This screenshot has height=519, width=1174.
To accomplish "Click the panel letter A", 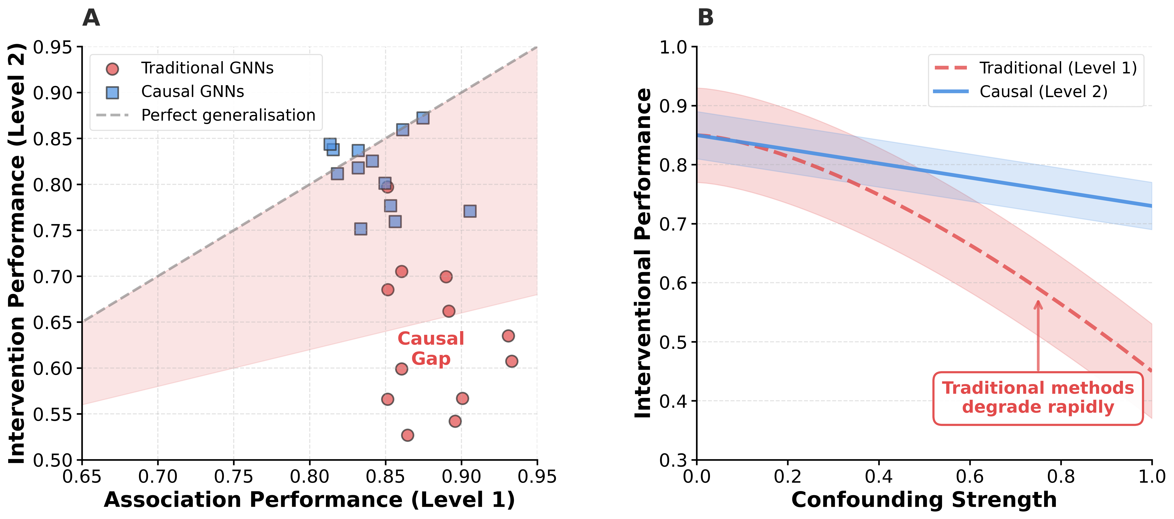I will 91,18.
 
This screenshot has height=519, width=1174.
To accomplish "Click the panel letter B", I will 706,18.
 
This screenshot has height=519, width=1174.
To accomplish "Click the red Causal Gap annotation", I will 431,349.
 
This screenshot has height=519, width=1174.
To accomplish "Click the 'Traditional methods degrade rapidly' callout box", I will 1038,398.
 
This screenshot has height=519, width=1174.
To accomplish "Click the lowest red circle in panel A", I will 407,435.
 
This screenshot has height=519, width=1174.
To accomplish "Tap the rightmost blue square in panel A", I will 470,211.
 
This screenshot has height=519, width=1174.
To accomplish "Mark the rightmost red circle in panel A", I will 511,361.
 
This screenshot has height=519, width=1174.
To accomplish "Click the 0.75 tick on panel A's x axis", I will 234,477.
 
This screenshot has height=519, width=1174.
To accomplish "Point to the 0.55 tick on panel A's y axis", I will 52,414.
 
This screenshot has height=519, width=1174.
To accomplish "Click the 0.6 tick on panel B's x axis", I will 970,477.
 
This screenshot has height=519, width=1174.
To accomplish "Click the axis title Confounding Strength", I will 924,500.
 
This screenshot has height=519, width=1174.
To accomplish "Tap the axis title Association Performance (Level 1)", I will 309,500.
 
